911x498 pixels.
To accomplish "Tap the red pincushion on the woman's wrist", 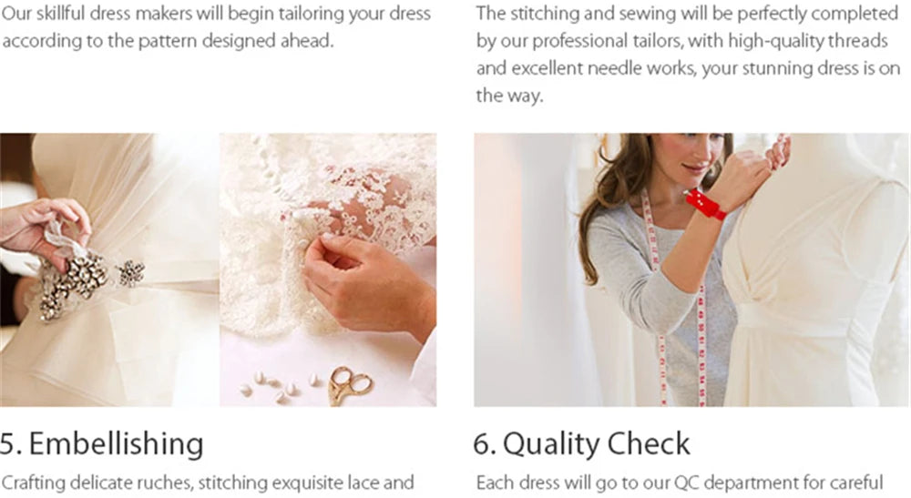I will [705, 204].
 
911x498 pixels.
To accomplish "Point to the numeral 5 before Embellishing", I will [10, 444].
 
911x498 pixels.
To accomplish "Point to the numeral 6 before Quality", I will [484, 444].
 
